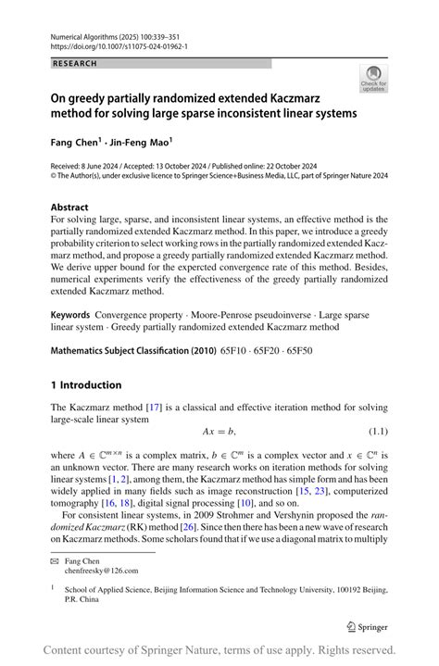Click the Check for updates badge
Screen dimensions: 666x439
(x=374, y=78)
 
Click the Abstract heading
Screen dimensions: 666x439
(x=69, y=207)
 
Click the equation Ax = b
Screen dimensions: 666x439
(x=219, y=432)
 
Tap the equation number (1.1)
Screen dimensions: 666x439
(x=372, y=432)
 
